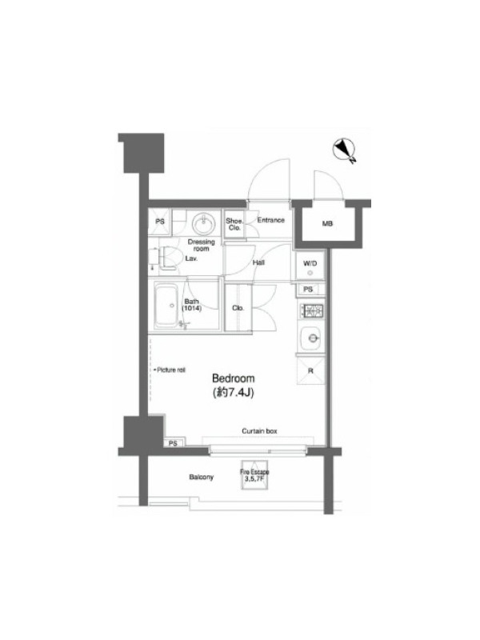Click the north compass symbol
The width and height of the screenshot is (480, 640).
(x=344, y=150)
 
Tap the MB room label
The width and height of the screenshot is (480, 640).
(x=327, y=224)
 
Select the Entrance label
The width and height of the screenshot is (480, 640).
(x=270, y=220)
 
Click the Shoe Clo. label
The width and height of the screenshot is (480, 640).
(x=234, y=224)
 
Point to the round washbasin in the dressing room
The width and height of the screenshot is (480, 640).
(x=203, y=223)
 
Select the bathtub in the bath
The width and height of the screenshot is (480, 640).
(x=166, y=305)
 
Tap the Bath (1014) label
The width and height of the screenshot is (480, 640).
(x=191, y=305)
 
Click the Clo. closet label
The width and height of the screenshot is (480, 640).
(x=238, y=308)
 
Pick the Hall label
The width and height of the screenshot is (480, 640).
(x=258, y=262)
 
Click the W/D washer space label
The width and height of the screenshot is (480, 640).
(x=310, y=263)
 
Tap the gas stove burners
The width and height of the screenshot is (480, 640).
(x=312, y=310)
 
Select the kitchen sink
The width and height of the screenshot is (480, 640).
(x=311, y=338)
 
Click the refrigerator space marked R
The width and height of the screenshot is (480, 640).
(x=310, y=370)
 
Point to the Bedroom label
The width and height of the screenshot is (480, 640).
(x=233, y=378)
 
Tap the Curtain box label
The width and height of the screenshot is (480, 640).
(x=259, y=430)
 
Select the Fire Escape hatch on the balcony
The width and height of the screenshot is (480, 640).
(x=254, y=474)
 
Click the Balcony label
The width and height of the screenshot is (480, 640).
(x=202, y=477)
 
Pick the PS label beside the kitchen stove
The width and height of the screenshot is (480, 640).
(x=308, y=289)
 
